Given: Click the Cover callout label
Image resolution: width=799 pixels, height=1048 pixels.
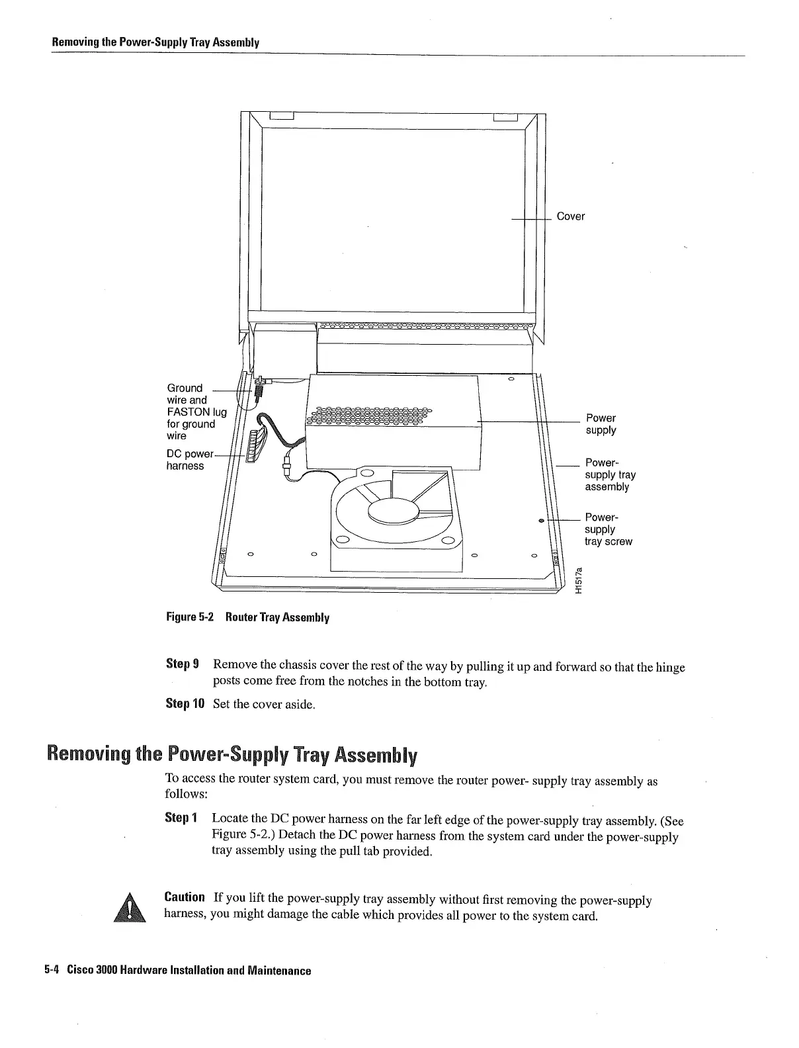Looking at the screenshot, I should (570, 216).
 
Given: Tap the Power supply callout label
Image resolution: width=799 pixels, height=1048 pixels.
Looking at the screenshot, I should (601, 424).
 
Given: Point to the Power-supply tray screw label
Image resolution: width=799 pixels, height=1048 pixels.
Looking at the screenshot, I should (608, 529).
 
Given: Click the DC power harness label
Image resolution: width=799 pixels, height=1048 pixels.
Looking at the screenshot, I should (189, 460).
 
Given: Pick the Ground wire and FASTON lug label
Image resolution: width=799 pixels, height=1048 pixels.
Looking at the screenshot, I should (196, 412).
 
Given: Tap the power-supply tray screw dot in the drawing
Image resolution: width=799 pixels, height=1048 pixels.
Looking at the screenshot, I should (541, 521).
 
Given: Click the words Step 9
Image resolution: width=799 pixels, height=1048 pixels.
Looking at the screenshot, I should (178, 664).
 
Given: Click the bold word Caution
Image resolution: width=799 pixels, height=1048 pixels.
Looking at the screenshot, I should (185, 897).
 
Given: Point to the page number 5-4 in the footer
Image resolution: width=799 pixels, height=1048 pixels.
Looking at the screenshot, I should (52, 971).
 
